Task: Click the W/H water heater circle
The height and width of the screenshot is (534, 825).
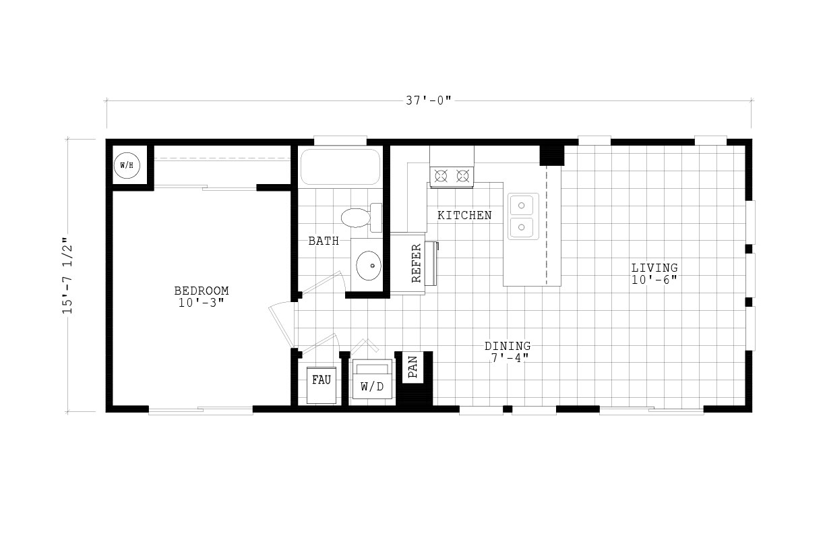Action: pos(127,165)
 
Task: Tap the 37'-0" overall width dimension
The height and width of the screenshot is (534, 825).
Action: pos(428,100)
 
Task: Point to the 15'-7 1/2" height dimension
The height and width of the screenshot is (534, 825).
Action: pos(68,275)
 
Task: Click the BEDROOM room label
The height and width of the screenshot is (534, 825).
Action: pos(202,291)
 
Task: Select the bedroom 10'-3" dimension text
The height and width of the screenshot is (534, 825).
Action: pos(202,303)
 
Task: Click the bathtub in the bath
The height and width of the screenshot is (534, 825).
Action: pos(340,167)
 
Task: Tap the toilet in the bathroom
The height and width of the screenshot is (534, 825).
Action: pos(361,217)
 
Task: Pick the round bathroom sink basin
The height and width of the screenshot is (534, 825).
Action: pos(368,266)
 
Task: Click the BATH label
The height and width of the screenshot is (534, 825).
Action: pos(324,241)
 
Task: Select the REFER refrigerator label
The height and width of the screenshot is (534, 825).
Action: pos(416,263)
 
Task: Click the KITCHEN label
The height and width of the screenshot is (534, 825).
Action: pos(464,215)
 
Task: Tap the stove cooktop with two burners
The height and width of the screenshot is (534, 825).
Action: pos(452,176)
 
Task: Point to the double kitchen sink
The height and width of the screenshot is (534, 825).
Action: pos(523,216)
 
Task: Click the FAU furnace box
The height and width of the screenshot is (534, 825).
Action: pos(321,385)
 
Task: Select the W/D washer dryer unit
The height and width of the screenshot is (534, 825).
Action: pos(372,379)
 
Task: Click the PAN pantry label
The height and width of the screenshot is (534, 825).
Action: pos(413,367)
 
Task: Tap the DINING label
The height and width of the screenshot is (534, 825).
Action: pos(508,346)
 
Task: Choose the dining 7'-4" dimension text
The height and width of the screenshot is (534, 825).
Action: pos(510,358)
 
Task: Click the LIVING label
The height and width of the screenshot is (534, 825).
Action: pos(654,268)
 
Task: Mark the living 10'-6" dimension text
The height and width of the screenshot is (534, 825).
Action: pos(654,280)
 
